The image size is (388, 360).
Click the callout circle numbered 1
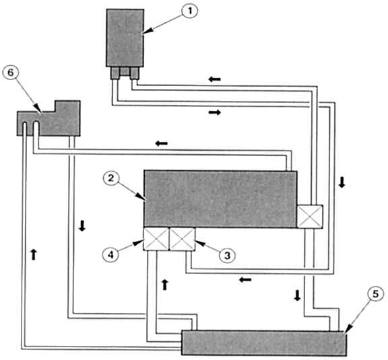click(x=190, y=11)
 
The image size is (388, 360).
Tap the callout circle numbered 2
click(x=111, y=178)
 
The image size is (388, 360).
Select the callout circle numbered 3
click(x=227, y=255)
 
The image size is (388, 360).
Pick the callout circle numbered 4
click(x=110, y=254)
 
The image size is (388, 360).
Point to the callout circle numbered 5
click(x=376, y=294)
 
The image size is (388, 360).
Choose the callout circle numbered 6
click(x=10, y=73)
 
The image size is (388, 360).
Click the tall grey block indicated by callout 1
click(x=125, y=38)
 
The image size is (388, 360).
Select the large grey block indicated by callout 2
click(x=220, y=199)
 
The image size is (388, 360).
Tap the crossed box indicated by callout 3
click(x=182, y=240)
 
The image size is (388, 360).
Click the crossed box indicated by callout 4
click(x=156, y=240)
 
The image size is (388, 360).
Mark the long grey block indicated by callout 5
click(x=264, y=343)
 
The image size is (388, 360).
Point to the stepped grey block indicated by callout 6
click(x=48, y=118)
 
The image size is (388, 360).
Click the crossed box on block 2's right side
click(x=310, y=217)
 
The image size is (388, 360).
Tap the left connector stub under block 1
click(x=115, y=73)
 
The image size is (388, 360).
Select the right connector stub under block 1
click(x=134, y=73)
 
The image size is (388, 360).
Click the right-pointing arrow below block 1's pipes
click(x=214, y=112)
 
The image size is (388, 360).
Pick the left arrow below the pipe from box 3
click(x=245, y=280)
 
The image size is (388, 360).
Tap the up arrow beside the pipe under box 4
click(x=165, y=285)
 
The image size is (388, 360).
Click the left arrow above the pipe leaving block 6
click(x=162, y=143)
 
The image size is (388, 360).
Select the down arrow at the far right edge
click(x=342, y=182)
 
